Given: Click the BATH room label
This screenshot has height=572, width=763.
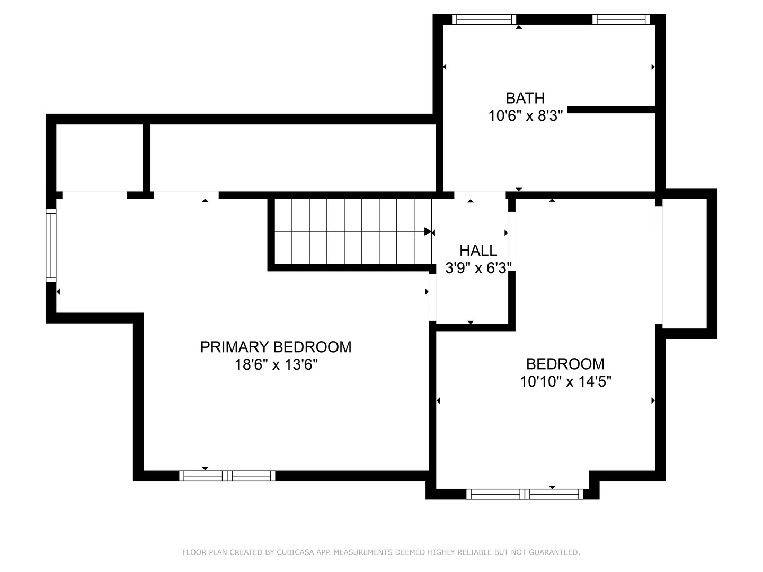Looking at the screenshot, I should (525, 98).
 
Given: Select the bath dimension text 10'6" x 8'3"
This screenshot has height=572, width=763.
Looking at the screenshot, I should (525, 115).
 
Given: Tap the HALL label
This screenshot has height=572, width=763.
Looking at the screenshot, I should (478, 251).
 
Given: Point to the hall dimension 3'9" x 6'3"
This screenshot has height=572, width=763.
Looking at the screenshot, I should (478, 268).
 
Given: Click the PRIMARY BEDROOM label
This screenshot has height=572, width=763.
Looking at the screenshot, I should (276, 347).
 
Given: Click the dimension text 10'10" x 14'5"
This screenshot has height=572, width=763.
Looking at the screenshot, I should (565, 381).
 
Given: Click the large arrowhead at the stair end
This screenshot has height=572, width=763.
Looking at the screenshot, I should (428, 231).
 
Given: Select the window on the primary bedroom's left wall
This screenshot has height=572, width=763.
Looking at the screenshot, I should (51, 245).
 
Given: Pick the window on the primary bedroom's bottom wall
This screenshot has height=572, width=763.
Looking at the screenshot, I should (227, 476).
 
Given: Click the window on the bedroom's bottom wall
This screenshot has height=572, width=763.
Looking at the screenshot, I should (525, 494).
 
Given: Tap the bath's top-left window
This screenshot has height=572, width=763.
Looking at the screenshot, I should (484, 20).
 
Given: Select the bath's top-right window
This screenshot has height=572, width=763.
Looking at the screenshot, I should (621, 20).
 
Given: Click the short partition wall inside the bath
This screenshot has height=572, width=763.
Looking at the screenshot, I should (612, 110).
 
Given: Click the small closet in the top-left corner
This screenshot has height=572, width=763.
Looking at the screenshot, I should (99, 157).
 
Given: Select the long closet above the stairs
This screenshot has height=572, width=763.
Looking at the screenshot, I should (292, 157).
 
